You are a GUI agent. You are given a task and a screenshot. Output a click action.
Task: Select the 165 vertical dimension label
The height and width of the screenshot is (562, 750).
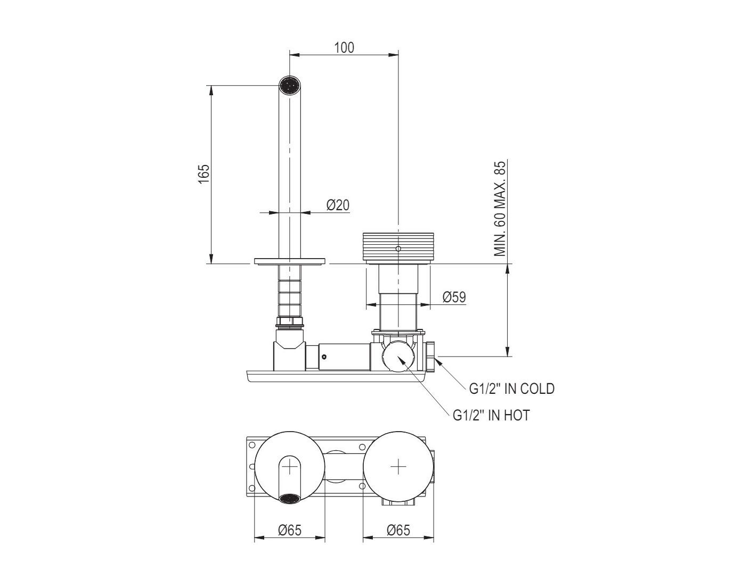pos(204,174)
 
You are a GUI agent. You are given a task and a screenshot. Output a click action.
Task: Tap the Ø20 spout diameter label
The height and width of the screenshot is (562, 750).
pos(338,205)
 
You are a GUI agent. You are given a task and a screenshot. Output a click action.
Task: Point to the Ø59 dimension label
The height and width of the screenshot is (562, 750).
pos(454,296)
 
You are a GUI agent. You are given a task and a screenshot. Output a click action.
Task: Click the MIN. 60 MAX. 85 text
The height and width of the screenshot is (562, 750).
pos(499,209)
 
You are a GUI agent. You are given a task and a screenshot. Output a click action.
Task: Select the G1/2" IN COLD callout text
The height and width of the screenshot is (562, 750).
pos(511,389)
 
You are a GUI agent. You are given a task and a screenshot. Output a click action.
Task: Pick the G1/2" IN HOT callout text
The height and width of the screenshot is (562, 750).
pos(491,415)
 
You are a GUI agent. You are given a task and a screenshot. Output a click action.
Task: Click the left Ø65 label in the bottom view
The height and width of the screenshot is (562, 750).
pos(290,530)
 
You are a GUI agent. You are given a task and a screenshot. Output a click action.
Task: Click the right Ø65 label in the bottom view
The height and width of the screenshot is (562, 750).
pos(398,530)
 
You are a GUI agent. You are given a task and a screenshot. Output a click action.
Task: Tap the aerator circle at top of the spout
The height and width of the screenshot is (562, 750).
pos(290,85)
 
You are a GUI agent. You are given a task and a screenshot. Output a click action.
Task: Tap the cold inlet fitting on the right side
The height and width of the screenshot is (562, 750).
pos(431,357)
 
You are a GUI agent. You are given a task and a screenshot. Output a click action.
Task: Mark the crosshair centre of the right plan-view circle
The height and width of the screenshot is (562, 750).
pos(398,467)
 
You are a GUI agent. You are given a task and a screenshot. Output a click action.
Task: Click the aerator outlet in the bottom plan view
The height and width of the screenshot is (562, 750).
pos(290,499)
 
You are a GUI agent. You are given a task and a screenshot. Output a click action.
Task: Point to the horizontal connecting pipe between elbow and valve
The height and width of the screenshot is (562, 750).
pos(338,356)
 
